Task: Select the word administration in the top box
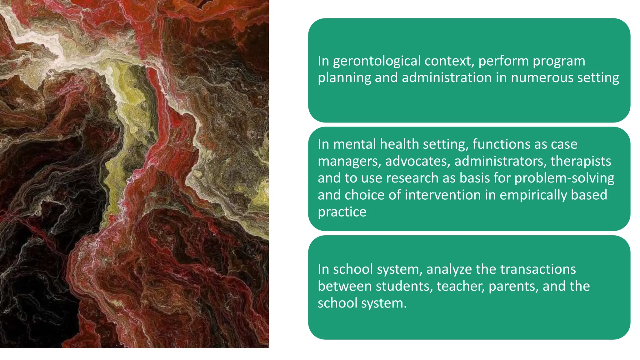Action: coord(447,77)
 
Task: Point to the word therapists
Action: coord(581,161)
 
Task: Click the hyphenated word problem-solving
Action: coord(564,178)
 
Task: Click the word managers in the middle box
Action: coord(349,161)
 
